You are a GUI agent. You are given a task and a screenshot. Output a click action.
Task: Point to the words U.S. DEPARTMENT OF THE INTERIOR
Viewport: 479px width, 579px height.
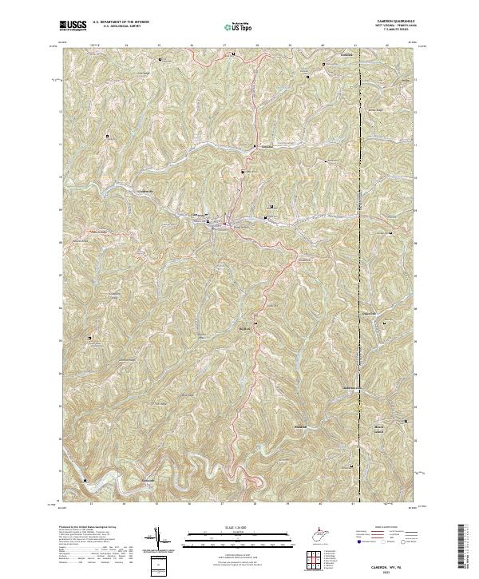tap(121, 22)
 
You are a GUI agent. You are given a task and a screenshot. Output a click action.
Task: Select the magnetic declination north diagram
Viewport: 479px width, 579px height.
tap(158, 539)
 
